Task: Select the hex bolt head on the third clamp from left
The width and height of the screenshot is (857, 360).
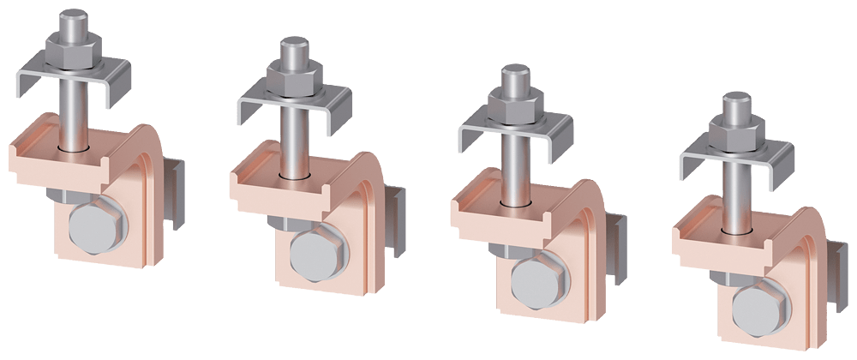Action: click(x=532, y=277)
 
